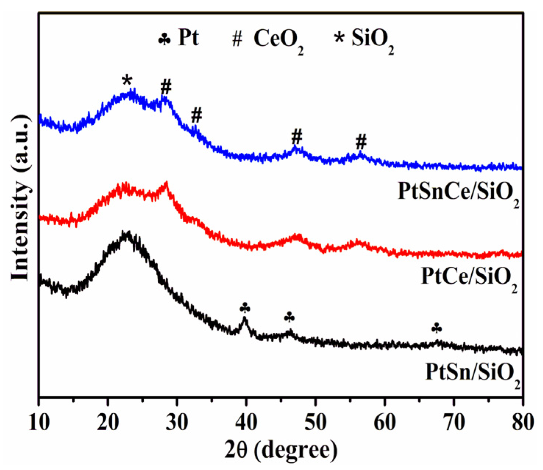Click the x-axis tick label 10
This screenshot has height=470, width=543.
coord(39,423)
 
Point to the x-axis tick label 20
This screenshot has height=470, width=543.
coord(108,423)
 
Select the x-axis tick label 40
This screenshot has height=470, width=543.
coord(246,423)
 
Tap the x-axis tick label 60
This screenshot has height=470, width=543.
coord(385,423)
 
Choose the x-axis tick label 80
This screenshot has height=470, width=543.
coord(522,423)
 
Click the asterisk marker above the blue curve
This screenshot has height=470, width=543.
coord(127,79)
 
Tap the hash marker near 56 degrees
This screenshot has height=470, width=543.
coord(361,141)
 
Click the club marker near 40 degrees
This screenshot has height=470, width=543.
coord(245,308)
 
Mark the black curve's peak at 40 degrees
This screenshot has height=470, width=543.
coord(244,319)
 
